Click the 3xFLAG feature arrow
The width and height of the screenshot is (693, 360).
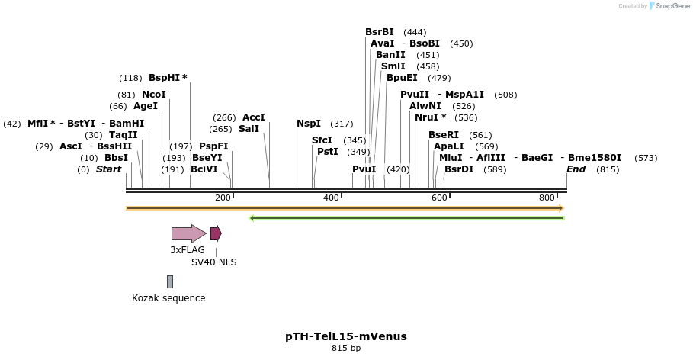click(188, 233)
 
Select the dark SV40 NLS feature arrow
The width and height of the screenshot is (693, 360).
click(216, 233)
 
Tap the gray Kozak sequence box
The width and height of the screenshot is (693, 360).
click(170, 282)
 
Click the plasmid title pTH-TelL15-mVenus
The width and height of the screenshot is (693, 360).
click(346, 336)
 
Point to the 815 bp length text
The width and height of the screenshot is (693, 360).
click(346, 349)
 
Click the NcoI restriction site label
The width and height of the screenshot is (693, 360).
click(154, 95)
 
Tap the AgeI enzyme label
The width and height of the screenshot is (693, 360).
click(146, 106)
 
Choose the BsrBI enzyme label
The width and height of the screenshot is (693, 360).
click(380, 32)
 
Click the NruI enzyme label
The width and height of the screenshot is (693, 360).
click(430, 117)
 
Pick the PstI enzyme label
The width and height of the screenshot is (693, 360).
click(328, 152)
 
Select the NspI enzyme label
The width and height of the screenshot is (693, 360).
click(309, 124)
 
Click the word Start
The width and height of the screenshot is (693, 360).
click(108, 169)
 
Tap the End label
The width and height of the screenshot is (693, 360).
click(576, 169)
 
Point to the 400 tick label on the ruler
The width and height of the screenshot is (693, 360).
click(330, 198)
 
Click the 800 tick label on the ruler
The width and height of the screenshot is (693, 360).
click(547, 198)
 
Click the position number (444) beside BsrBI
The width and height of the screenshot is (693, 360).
click(415, 32)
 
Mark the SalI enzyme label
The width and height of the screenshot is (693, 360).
click(249, 129)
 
